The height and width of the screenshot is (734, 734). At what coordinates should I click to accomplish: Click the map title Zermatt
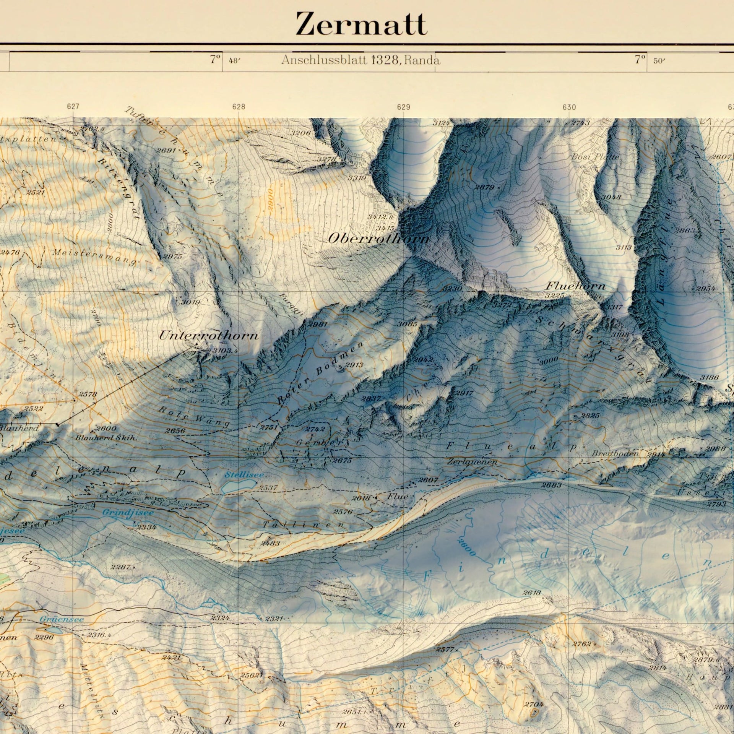361,24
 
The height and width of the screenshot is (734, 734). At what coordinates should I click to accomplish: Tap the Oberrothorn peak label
378,239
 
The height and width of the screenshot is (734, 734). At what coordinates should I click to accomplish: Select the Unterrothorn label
208,336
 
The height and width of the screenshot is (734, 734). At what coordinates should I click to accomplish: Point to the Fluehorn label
575,286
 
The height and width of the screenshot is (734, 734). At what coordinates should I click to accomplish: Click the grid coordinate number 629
403,107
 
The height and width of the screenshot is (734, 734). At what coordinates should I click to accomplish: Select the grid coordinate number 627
73,107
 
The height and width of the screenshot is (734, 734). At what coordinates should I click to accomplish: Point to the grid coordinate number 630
569,107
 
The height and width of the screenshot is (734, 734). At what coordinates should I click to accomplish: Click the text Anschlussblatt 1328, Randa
361,60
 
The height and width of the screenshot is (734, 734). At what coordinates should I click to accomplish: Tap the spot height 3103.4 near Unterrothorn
226,351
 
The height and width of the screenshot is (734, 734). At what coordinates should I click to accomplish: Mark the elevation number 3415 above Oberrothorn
385,228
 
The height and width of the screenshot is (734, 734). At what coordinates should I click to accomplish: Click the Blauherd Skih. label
106,438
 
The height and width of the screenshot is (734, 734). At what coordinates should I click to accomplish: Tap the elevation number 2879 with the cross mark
484,187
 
